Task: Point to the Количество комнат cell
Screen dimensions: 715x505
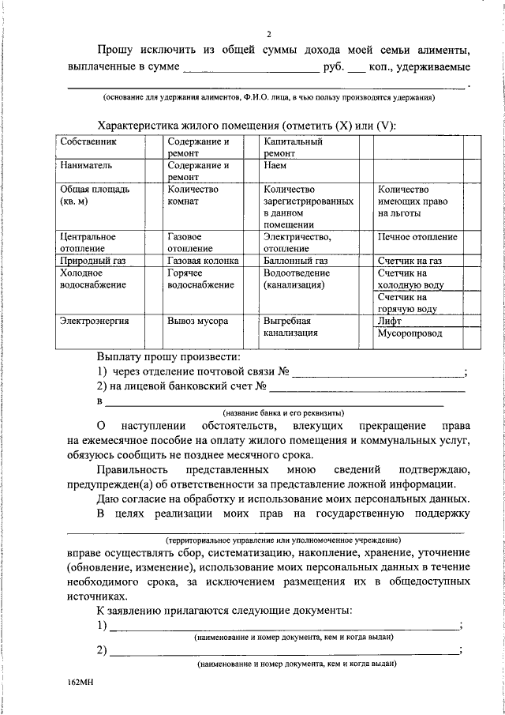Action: coord(194,195)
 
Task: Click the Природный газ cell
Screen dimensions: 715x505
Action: coord(94,260)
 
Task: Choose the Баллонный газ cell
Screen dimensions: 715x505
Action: coord(296,260)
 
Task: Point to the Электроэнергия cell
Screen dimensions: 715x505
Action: coord(94,322)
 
